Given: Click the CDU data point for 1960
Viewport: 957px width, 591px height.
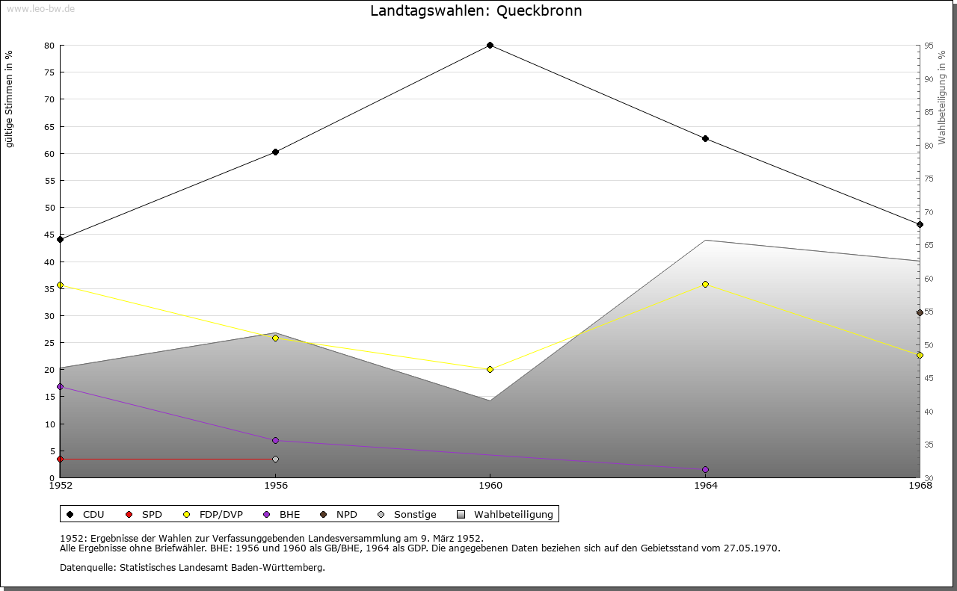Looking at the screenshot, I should pos(490,45).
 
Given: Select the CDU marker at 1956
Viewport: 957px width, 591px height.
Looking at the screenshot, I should pos(275,152).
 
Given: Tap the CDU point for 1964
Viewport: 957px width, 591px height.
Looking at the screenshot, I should pos(705,138).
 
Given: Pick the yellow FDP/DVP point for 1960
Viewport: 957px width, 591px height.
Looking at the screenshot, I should pos(490,369).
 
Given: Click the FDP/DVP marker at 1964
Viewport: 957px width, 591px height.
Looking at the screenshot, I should pos(705,284).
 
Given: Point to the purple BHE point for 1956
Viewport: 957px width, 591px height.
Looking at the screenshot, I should pos(275,440).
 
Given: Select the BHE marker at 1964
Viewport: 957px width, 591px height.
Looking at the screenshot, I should pos(705,469).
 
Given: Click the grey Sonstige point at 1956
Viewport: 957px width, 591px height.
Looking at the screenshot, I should pos(275,459).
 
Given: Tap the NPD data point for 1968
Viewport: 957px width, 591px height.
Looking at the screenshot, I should pos(920,312).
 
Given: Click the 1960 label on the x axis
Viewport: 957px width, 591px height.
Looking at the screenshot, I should pos(490,486).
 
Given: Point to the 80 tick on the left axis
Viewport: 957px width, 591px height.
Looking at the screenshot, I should pos(49,46).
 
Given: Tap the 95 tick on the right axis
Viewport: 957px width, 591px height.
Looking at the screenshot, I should pos(928,46).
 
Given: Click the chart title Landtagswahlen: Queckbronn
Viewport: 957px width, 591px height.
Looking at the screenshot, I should pos(476,11).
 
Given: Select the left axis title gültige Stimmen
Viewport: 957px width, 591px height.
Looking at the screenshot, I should pos(10,99).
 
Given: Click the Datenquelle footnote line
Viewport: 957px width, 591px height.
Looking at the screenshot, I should pos(192,567).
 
